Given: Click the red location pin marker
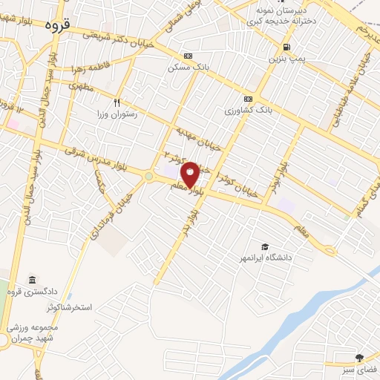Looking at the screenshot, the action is (190, 174).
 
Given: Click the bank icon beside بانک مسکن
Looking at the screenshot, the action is (187, 56).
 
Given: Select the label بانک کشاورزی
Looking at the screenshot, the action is (248, 111).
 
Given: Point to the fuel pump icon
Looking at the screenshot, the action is (278, 46).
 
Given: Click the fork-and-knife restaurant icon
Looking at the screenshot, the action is (116, 102).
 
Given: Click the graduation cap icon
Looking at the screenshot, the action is (264, 246).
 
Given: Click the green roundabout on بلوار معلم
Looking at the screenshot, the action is (148, 177).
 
